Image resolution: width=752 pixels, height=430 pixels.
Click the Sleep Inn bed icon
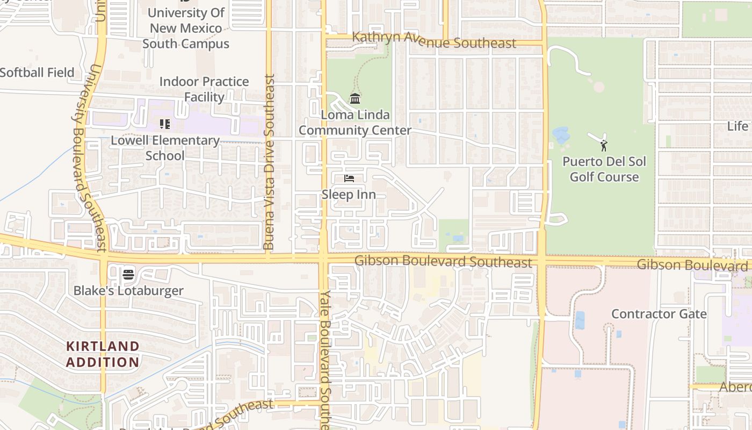point(349,178)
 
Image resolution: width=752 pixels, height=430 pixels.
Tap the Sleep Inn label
point(349,195)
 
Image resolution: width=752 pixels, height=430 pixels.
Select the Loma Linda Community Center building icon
point(355,99)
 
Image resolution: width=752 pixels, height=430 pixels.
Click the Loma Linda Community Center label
point(355,123)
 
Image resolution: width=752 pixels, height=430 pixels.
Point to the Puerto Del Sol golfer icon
point(604,145)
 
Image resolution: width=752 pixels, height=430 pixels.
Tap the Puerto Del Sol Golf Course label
point(604,169)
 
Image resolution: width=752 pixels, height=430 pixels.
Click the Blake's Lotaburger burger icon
point(128,275)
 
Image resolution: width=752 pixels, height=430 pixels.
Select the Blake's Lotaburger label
point(128,291)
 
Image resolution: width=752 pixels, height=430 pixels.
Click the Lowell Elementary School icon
point(165,125)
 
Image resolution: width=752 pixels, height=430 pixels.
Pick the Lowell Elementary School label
point(165,148)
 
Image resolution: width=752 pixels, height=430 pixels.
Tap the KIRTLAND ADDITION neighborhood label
point(103,354)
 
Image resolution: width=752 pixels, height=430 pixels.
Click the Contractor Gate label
point(659,314)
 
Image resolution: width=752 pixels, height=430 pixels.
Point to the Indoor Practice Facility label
point(204,89)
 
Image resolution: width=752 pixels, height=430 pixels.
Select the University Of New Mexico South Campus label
point(186,28)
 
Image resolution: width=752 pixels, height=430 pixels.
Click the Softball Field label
point(37,72)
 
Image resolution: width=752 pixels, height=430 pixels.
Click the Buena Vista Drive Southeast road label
point(270,161)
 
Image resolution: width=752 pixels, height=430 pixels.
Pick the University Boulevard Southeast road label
point(88,159)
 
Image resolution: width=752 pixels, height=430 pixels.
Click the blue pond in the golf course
point(561,135)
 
